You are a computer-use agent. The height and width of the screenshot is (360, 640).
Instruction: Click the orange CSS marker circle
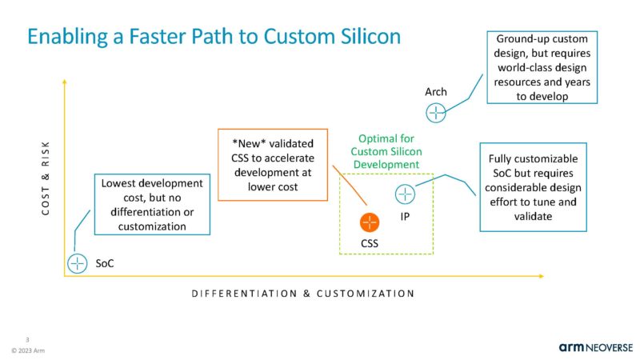(369, 222)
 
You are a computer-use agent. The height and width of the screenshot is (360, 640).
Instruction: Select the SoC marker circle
(78, 263)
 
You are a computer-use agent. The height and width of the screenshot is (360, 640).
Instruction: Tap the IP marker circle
(405, 194)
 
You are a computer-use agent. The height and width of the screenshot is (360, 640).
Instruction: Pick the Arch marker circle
(436, 113)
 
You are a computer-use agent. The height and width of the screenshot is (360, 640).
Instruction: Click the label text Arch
(435, 92)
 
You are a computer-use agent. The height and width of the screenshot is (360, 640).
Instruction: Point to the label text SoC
(105, 263)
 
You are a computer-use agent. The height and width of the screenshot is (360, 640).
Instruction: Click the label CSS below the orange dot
(368, 242)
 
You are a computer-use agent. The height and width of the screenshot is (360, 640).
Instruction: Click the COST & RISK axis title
(46, 177)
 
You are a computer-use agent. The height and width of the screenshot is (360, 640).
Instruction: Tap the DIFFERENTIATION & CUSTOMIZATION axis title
(302, 294)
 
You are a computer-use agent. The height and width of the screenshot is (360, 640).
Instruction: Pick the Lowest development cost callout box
(151, 205)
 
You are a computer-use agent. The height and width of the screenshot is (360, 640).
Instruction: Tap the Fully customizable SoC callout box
(533, 187)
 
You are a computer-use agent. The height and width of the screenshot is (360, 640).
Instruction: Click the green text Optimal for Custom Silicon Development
(387, 151)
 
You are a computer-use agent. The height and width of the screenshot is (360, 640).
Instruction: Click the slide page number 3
(27, 339)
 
